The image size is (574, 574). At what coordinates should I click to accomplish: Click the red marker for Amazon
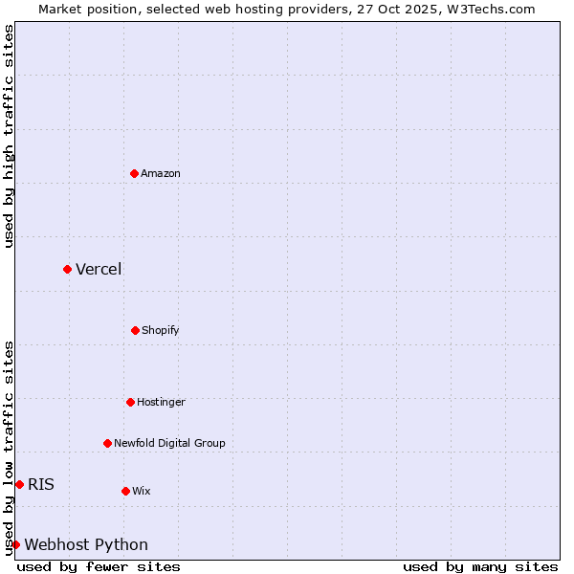(134, 173)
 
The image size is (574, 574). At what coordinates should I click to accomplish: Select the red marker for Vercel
(67, 269)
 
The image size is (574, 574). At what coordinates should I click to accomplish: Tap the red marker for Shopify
(135, 330)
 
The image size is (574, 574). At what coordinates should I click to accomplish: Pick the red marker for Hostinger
(130, 402)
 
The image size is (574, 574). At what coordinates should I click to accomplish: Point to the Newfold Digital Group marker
(107, 443)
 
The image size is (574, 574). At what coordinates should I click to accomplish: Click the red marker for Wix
(125, 491)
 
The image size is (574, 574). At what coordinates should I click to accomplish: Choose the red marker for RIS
(19, 484)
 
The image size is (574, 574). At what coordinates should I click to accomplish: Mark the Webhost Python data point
(15, 544)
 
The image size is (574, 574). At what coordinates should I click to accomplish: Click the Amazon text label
(161, 173)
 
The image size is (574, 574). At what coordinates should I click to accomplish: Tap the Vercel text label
(99, 269)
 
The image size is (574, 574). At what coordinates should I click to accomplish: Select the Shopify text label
(161, 330)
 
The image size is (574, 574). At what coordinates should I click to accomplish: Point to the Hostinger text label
(161, 402)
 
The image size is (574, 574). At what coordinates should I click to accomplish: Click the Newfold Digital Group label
(169, 443)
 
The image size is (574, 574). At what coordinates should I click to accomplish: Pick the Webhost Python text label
(86, 544)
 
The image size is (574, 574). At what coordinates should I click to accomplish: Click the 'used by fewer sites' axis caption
(99, 566)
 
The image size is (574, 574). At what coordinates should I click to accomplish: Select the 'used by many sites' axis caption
(480, 566)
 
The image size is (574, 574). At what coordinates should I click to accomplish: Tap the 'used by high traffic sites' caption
(9, 136)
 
